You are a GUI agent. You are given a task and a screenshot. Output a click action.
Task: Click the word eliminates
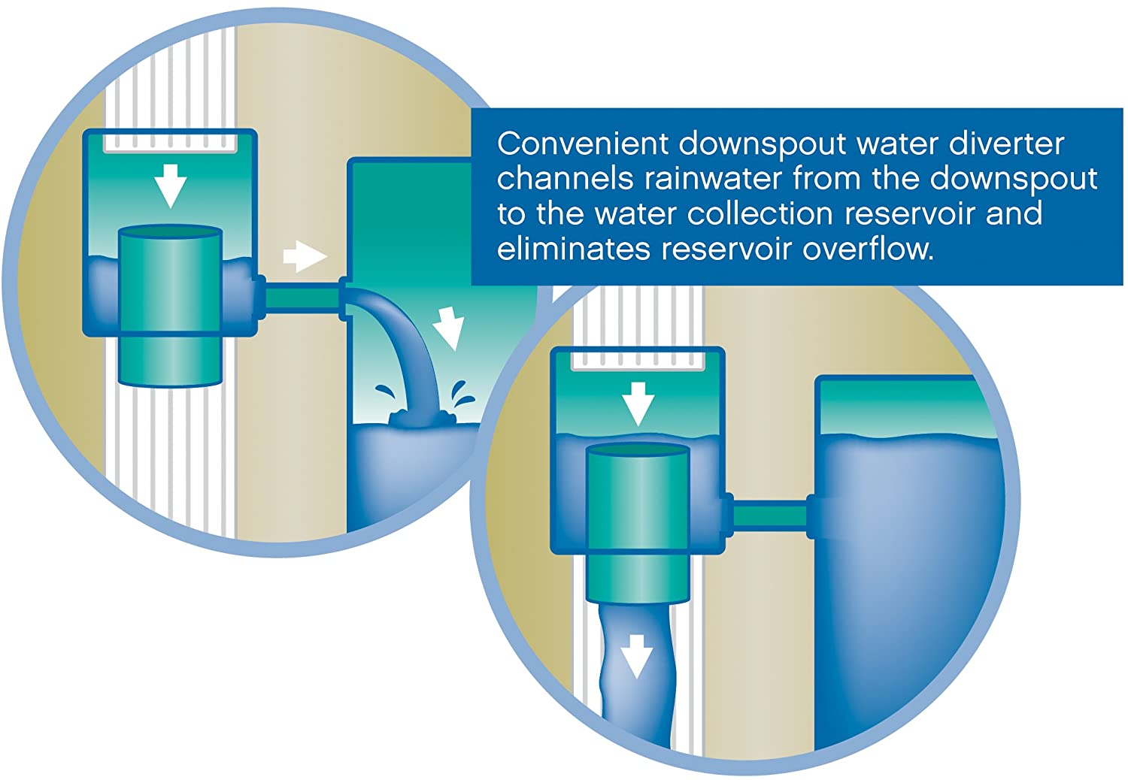573,249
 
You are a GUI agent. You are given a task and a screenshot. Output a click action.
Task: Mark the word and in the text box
1014,213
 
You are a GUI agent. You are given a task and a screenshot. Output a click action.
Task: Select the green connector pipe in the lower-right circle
769,515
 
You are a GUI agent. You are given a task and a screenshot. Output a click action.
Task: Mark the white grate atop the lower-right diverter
638,361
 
